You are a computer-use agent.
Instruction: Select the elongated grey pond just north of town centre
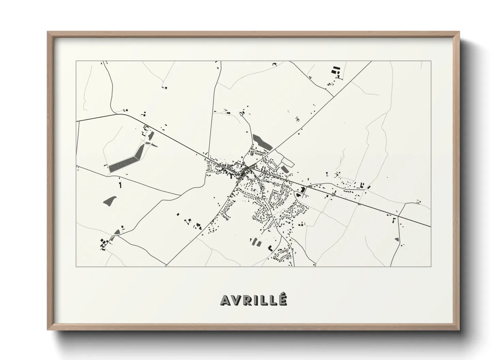click(262, 143)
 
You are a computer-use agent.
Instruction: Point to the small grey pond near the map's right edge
click(397, 240)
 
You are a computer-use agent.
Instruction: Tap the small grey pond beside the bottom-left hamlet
click(117, 232)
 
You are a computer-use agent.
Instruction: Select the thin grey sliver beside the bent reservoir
click(154, 145)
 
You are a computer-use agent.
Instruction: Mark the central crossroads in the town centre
click(248, 168)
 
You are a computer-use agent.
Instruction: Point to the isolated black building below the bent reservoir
click(120, 185)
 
